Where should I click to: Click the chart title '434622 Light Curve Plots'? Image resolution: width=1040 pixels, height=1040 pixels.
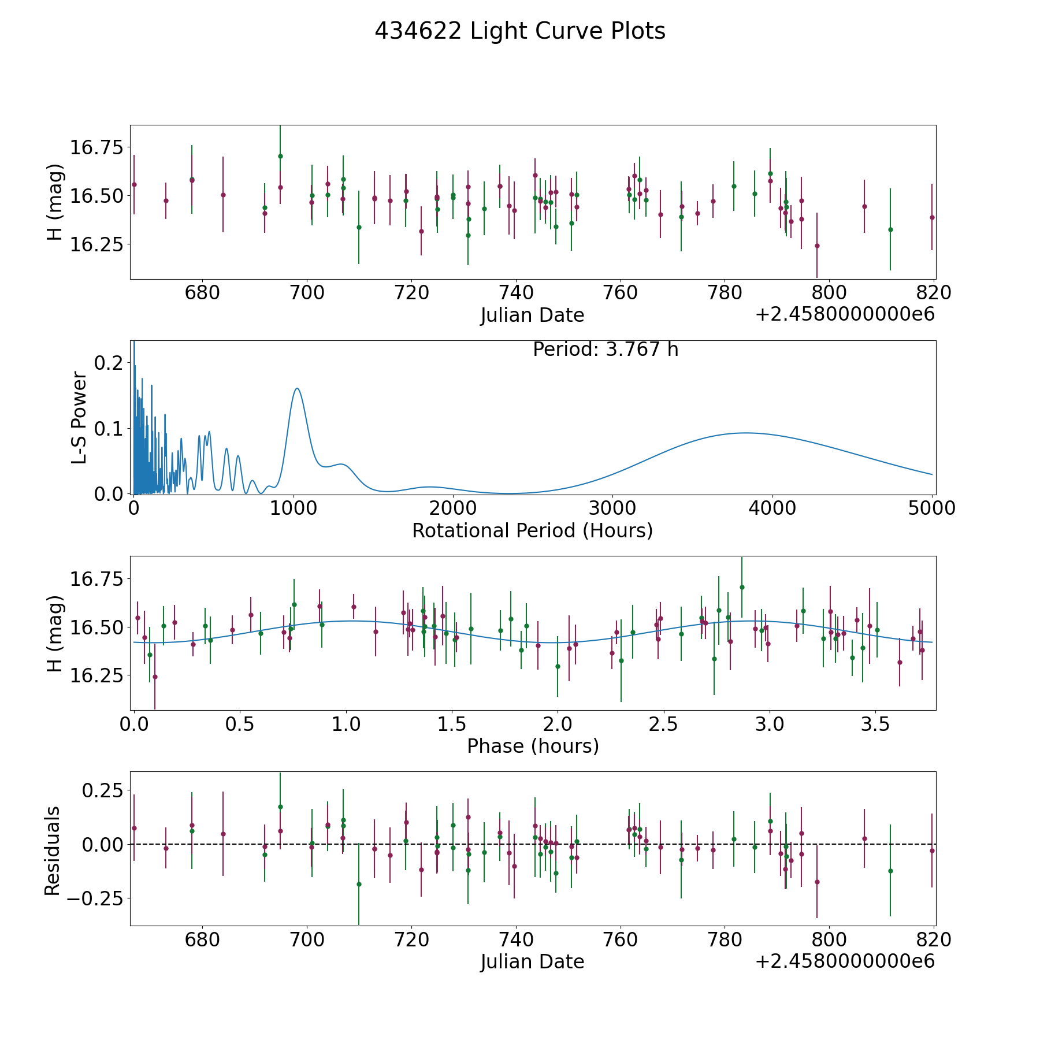tap(520, 31)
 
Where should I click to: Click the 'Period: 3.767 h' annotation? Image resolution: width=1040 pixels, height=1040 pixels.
tap(606, 350)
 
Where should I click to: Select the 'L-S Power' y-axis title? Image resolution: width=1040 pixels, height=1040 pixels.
tap(79, 417)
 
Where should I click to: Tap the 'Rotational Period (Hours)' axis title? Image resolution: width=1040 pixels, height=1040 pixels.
tap(532, 530)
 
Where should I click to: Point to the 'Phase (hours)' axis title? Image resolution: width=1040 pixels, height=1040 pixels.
tap(533, 746)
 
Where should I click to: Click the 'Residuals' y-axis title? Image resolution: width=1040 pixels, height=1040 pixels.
tap(53, 851)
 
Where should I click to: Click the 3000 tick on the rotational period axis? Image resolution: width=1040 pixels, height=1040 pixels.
tap(612, 508)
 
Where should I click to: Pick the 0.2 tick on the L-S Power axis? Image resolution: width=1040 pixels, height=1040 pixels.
tap(109, 363)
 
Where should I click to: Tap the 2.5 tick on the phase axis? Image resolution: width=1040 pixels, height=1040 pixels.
tap(663, 725)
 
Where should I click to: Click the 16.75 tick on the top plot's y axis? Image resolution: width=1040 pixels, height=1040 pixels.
tap(96, 148)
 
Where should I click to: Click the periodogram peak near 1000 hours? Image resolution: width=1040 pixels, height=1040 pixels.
tap(297, 388)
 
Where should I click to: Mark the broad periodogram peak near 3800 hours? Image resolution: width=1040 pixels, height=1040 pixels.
tap(745, 433)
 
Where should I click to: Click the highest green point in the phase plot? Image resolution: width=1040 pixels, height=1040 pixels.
tap(742, 587)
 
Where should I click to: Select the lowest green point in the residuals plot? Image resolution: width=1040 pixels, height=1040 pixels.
tap(359, 884)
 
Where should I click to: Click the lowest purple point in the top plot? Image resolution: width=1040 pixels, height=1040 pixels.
tap(817, 246)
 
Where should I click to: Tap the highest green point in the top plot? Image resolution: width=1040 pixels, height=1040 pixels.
tap(280, 156)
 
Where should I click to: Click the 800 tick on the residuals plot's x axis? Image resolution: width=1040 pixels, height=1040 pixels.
tap(829, 940)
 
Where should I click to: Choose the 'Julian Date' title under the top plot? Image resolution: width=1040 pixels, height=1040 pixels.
tap(532, 315)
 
